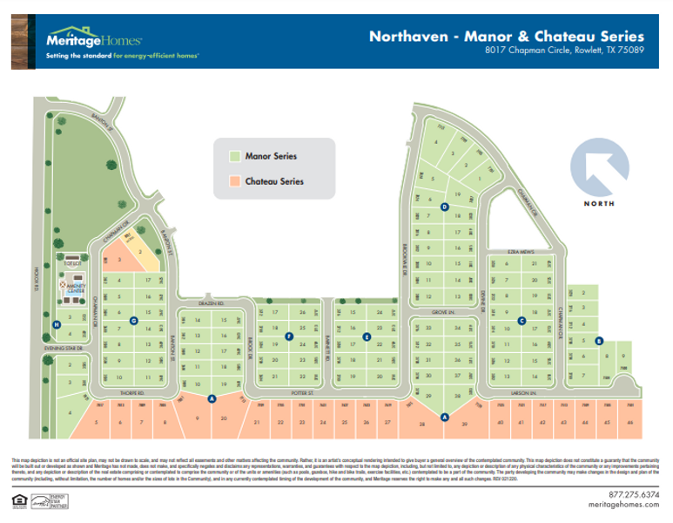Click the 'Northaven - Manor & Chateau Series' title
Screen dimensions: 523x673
click(506, 37)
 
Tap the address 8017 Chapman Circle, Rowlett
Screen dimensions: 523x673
click(564, 51)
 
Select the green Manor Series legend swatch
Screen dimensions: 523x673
click(234, 156)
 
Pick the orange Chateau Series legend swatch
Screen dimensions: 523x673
click(234, 182)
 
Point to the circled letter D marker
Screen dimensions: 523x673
click(444, 207)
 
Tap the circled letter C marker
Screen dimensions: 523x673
click(522, 320)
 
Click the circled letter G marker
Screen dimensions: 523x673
click(133, 320)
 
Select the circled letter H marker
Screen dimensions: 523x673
click(57, 325)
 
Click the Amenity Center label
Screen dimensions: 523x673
click(70, 287)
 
